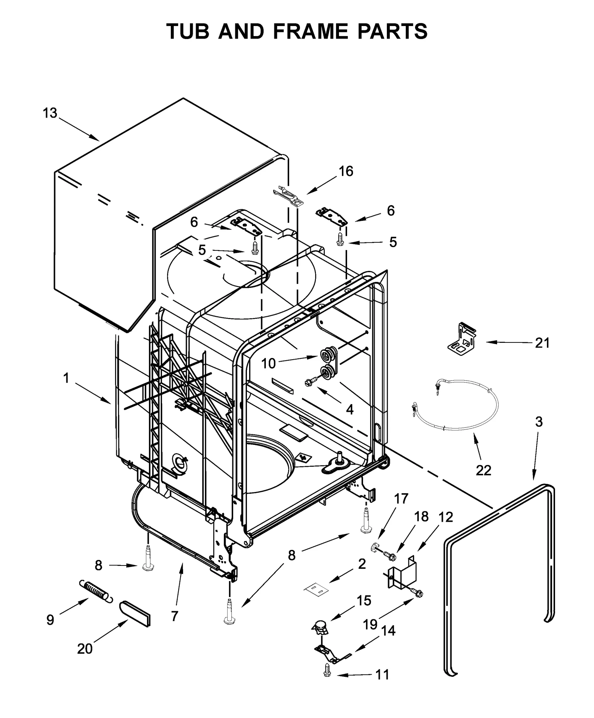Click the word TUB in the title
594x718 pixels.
tap(189, 31)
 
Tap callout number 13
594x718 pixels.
tap(50, 113)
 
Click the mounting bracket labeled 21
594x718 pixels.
tap(461, 337)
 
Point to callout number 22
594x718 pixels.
tap(483, 470)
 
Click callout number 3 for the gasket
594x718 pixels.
tap(539, 422)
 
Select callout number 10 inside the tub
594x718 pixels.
tap(268, 363)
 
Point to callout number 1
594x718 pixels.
tap(66, 378)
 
